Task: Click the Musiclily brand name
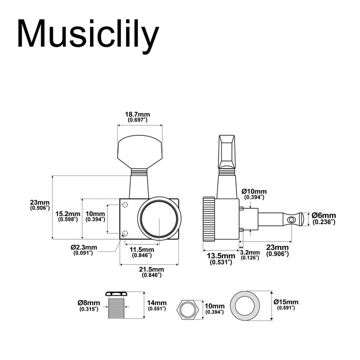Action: pyautogui.click(x=88, y=35)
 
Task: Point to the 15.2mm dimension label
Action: pyautogui.click(x=68, y=216)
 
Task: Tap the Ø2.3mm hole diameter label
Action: pyautogui.click(x=82, y=249)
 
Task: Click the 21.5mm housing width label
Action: pyautogui.click(x=151, y=272)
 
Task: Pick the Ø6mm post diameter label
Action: pyautogui.click(x=324, y=218)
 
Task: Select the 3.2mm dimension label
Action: pyautogui.click(x=250, y=254)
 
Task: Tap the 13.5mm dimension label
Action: pyautogui.click(x=221, y=258)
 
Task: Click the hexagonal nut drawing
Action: pyautogui.click(x=188, y=310)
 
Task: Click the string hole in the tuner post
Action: pyautogui.click(x=293, y=220)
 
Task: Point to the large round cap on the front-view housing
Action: pyautogui.click(x=159, y=219)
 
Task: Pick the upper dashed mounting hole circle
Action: pyautogui.click(x=125, y=205)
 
